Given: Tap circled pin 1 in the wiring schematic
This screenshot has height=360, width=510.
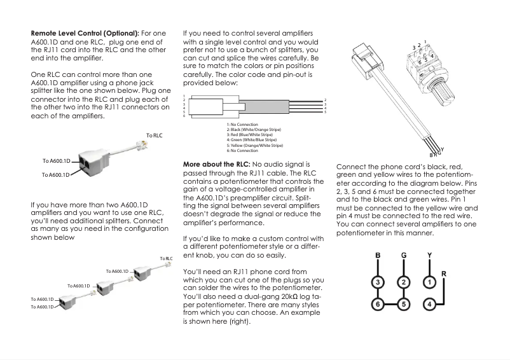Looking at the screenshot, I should [429, 281].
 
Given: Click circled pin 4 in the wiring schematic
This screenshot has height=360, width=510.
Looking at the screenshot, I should [429, 304].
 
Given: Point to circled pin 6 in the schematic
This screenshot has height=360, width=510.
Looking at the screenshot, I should [378, 304].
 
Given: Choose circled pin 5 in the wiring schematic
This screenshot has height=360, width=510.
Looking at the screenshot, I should [403, 304].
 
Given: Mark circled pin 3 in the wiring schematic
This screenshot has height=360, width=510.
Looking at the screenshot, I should [378, 281].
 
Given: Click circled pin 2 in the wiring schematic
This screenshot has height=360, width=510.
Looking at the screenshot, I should [403, 281].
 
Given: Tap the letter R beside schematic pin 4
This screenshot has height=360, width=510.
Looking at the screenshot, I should [443, 273].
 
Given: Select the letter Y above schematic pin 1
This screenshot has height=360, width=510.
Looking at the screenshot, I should [429, 256].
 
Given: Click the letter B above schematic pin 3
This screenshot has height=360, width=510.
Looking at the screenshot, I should [378, 256].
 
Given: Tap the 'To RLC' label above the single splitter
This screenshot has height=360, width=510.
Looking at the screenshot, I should [155, 135].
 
